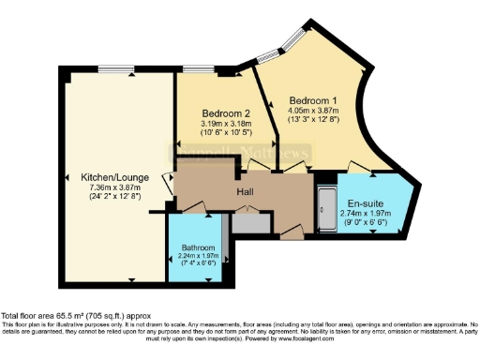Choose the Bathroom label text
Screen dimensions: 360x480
click(x=198, y=248)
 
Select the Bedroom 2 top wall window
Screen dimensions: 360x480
click(x=196, y=72)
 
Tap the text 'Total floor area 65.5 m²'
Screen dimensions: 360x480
click(x=58, y=317)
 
